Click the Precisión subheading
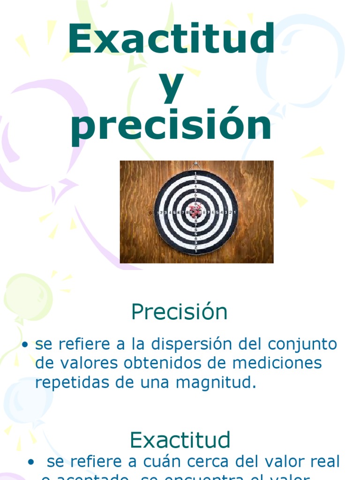180,312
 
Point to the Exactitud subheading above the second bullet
180,440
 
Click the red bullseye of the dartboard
196,212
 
